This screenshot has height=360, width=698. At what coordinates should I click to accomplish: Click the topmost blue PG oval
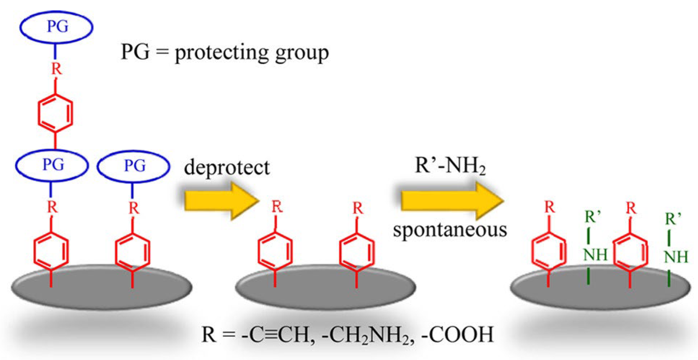(57, 27)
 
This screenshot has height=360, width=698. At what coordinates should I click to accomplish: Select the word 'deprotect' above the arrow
(226, 167)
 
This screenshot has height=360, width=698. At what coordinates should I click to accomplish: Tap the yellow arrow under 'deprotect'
(221, 201)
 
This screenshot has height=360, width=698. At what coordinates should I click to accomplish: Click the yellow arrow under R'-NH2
(452, 200)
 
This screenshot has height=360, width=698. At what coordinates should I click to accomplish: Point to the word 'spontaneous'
(450, 230)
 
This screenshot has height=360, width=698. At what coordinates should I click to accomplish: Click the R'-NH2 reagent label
(450, 166)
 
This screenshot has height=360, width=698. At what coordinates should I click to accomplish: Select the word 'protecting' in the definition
(222, 53)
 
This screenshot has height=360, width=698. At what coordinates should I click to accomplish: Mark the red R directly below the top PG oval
(56, 68)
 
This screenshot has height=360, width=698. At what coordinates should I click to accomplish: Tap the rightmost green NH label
(676, 257)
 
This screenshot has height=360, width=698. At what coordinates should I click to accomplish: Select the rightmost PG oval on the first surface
(134, 166)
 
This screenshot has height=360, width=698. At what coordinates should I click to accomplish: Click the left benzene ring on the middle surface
(275, 251)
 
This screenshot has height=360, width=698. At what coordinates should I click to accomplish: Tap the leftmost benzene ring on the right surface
(549, 251)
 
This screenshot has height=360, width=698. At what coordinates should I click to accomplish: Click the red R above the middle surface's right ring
(357, 208)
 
